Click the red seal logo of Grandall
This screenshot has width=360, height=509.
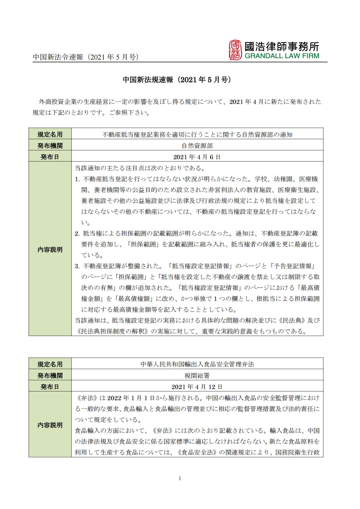tap(235, 50)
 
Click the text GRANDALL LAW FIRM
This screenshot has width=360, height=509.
tap(282, 56)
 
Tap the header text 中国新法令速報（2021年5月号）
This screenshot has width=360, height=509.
tap(86, 57)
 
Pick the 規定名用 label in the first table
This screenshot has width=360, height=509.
tap(50, 134)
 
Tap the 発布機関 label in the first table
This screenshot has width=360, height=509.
tap(50, 146)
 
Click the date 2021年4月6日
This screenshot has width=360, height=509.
tap(197, 157)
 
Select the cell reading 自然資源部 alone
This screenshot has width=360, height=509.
tap(197, 146)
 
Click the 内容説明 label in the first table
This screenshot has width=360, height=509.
tap(50, 249)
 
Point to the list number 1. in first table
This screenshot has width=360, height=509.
tap(78, 179)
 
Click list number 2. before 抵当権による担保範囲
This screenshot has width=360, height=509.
tap(78, 233)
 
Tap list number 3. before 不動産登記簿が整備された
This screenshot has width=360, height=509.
tap(78, 266)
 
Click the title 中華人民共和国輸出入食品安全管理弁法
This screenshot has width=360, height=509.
tap(197, 364)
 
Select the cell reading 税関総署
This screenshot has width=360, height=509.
tap(197, 376)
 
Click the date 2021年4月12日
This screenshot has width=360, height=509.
tap(197, 387)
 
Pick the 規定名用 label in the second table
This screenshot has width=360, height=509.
tap(50, 364)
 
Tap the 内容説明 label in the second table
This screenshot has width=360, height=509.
tap(50, 425)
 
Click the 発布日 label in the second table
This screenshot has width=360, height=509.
tap(50, 387)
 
